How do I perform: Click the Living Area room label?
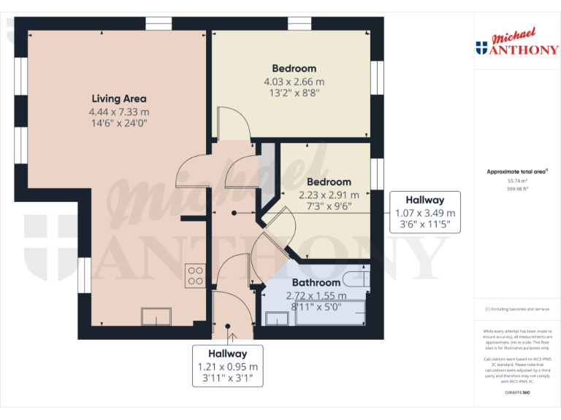point(119,98)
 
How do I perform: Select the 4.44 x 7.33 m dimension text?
point(119,112)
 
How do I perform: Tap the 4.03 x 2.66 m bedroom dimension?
point(294,82)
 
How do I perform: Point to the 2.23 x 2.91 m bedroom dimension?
point(329,195)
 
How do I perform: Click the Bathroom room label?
point(316,282)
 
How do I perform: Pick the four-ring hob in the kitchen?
point(195,275)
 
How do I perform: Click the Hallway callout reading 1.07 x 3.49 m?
point(425,213)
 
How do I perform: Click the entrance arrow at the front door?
point(232,336)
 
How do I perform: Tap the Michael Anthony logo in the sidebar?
point(516,44)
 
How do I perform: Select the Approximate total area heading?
point(517,171)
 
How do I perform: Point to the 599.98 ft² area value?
point(517,188)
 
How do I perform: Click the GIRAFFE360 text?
point(517,392)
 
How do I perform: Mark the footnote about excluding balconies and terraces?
point(517,309)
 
